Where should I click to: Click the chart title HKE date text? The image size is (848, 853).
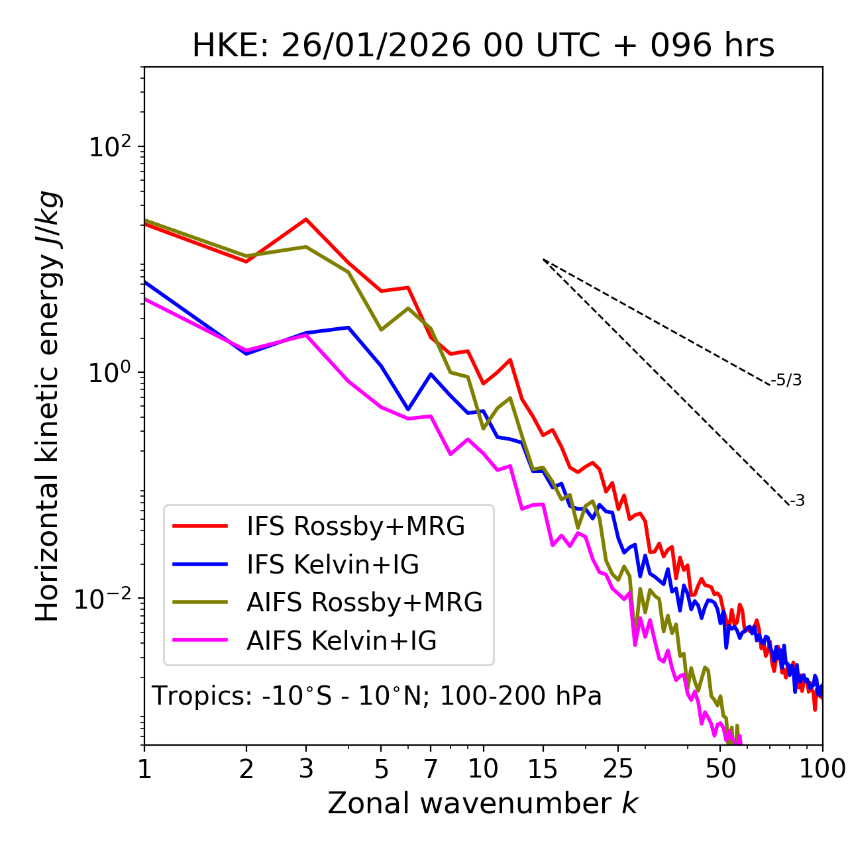click(483, 46)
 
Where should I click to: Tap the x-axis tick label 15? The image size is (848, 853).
click(543, 769)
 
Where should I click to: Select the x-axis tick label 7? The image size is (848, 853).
click(431, 769)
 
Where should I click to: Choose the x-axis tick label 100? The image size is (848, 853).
click(821, 769)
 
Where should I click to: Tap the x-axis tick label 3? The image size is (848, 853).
click(305, 769)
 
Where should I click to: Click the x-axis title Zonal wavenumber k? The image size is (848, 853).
click(483, 803)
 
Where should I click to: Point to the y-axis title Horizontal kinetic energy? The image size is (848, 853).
click(48, 405)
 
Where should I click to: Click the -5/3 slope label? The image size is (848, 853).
click(786, 380)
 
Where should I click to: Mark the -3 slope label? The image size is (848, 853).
click(797, 501)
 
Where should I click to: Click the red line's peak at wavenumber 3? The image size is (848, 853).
click(306, 219)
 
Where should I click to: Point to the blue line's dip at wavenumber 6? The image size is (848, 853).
click(408, 409)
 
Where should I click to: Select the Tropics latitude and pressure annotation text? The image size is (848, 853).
click(377, 696)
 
